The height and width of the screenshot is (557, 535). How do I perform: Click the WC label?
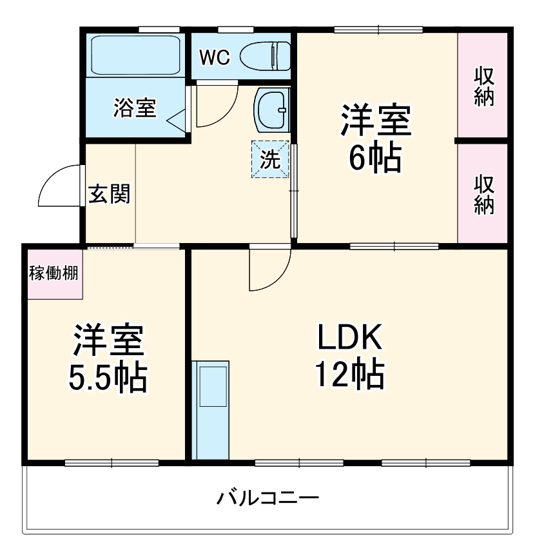point(214,57)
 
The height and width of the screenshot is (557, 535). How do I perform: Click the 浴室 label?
point(135,108)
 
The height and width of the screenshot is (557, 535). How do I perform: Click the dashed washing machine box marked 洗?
point(270,159)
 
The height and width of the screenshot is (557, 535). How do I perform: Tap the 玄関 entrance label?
point(109,193)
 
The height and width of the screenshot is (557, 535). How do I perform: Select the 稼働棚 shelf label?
point(54,273)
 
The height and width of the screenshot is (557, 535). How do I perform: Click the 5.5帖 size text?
point(108,379)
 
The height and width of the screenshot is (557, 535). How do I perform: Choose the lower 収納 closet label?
point(484,194)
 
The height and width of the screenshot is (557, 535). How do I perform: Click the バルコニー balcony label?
point(267,498)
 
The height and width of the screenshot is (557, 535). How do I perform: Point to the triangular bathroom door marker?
point(177,119)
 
